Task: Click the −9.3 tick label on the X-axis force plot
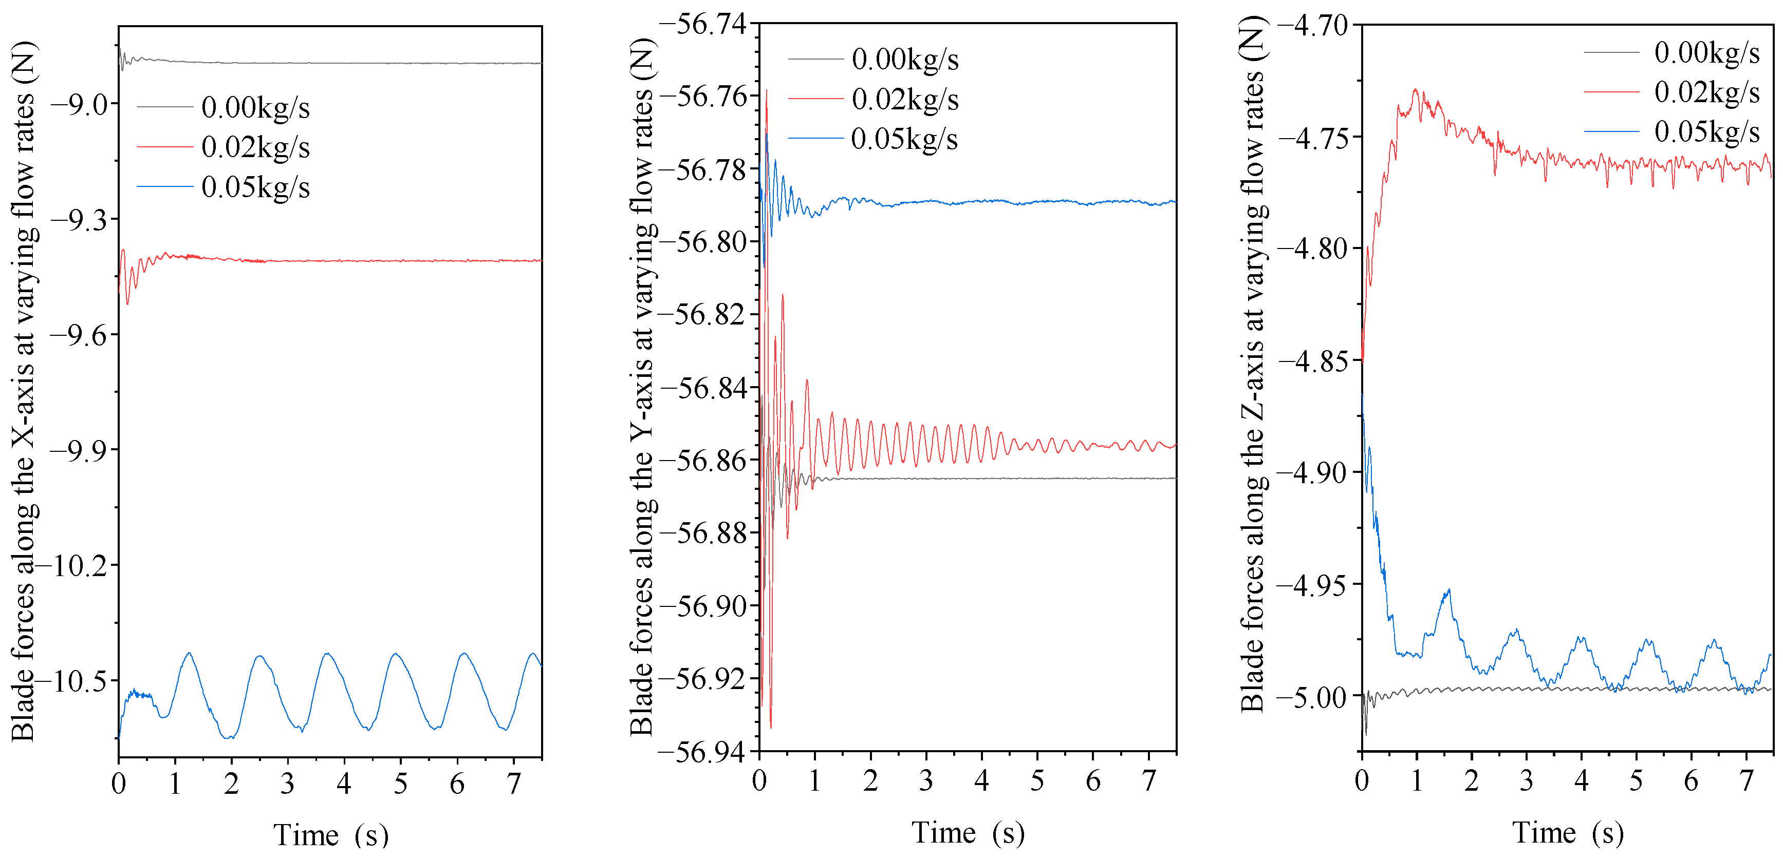77,220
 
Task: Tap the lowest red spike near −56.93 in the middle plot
771,726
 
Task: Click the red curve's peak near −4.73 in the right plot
1416,90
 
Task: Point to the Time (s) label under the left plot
331,835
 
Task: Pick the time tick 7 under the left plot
514,784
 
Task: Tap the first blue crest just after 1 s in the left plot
188,653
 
